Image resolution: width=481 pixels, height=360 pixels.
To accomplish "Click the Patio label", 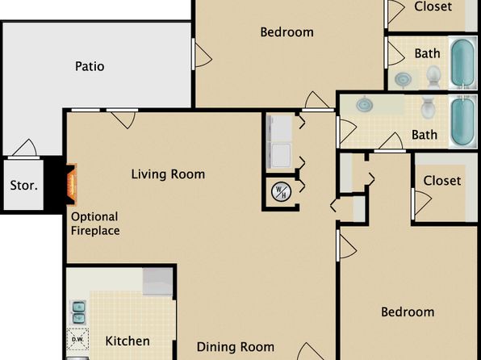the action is pyautogui.click(x=90, y=66).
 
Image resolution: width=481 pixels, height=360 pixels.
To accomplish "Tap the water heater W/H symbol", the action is pyautogui.click(x=281, y=192).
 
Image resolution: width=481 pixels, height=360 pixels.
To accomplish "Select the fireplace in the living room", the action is pyautogui.click(x=71, y=185).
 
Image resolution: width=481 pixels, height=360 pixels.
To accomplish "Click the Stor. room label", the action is pyautogui.click(x=24, y=185).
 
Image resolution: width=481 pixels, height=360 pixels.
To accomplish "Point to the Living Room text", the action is pyautogui.click(x=168, y=174).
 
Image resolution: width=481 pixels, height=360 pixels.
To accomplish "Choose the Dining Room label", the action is pyautogui.click(x=236, y=347).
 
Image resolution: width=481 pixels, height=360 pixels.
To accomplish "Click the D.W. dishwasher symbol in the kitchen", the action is pyautogui.click(x=77, y=339).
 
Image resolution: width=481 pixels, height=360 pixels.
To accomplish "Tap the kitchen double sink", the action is pyautogui.click(x=78, y=312).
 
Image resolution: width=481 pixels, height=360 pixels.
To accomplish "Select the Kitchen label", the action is pyautogui.click(x=128, y=341).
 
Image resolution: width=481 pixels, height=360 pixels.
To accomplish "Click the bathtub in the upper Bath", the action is pyautogui.click(x=463, y=63).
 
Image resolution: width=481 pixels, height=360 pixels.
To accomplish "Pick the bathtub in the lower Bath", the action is pyautogui.click(x=463, y=121).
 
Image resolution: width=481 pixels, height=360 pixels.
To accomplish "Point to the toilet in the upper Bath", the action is pyautogui.click(x=433, y=77).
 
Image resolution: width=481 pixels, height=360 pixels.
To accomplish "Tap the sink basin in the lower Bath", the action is pyautogui.click(x=365, y=104).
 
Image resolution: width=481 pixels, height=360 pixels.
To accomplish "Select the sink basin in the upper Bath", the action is pyautogui.click(x=403, y=79).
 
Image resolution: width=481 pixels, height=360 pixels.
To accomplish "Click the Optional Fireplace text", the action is pyautogui.click(x=95, y=224).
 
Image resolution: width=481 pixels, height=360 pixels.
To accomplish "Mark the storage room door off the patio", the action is pyautogui.click(x=24, y=149).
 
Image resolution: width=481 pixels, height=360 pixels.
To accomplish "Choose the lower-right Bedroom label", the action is pyautogui.click(x=408, y=312).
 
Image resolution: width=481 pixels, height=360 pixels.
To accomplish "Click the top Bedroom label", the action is pyautogui.click(x=287, y=32).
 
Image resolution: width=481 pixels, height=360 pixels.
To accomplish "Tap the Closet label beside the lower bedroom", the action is pyautogui.click(x=442, y=181).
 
